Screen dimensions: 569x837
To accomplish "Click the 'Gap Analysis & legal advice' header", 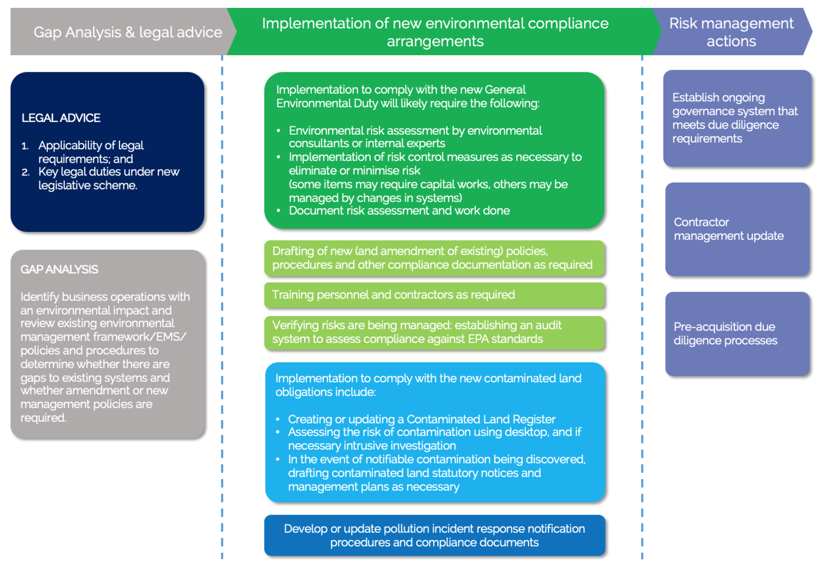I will tap(127, 32).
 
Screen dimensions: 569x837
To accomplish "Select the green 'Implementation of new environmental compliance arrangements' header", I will tap(435, 32).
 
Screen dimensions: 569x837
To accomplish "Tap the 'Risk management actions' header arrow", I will tap(731, 32).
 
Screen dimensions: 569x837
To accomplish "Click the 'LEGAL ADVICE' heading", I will tap(61, 118).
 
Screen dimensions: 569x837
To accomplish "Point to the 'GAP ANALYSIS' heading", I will tap(59, 270).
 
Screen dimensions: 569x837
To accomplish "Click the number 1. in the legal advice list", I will tap(25, 146).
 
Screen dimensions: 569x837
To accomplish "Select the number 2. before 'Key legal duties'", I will tap(26, 172).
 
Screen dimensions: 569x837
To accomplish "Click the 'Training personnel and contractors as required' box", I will tap(434, 295).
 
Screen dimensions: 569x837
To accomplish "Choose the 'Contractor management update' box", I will tap(737, 229).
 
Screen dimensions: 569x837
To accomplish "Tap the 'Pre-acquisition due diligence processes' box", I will tap(737, 333).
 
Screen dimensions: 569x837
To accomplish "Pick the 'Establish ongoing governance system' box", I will tap(737, 118).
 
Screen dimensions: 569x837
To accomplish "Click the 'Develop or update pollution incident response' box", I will tap(434, 536).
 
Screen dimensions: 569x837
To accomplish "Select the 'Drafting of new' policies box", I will tap(434, 258).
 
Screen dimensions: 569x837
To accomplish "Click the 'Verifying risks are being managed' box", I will tap(434, 332).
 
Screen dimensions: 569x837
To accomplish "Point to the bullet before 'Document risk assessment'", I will tap(279, 211).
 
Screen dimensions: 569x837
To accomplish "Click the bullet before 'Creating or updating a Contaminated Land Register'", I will tap(278, 420).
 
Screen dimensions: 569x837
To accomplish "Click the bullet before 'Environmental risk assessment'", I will tap(279, 131).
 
